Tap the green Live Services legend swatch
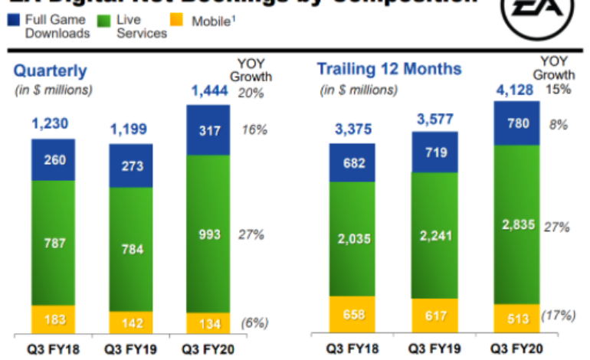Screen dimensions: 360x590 (104, 20)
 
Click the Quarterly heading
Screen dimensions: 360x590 (51, 71)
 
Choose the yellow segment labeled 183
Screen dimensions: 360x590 (54, 318)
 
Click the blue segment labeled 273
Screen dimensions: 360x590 (131, 165)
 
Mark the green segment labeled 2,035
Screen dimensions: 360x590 (353, 238)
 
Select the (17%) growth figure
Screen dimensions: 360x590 (558, 314)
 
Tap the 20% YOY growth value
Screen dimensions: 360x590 (251, 93)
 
